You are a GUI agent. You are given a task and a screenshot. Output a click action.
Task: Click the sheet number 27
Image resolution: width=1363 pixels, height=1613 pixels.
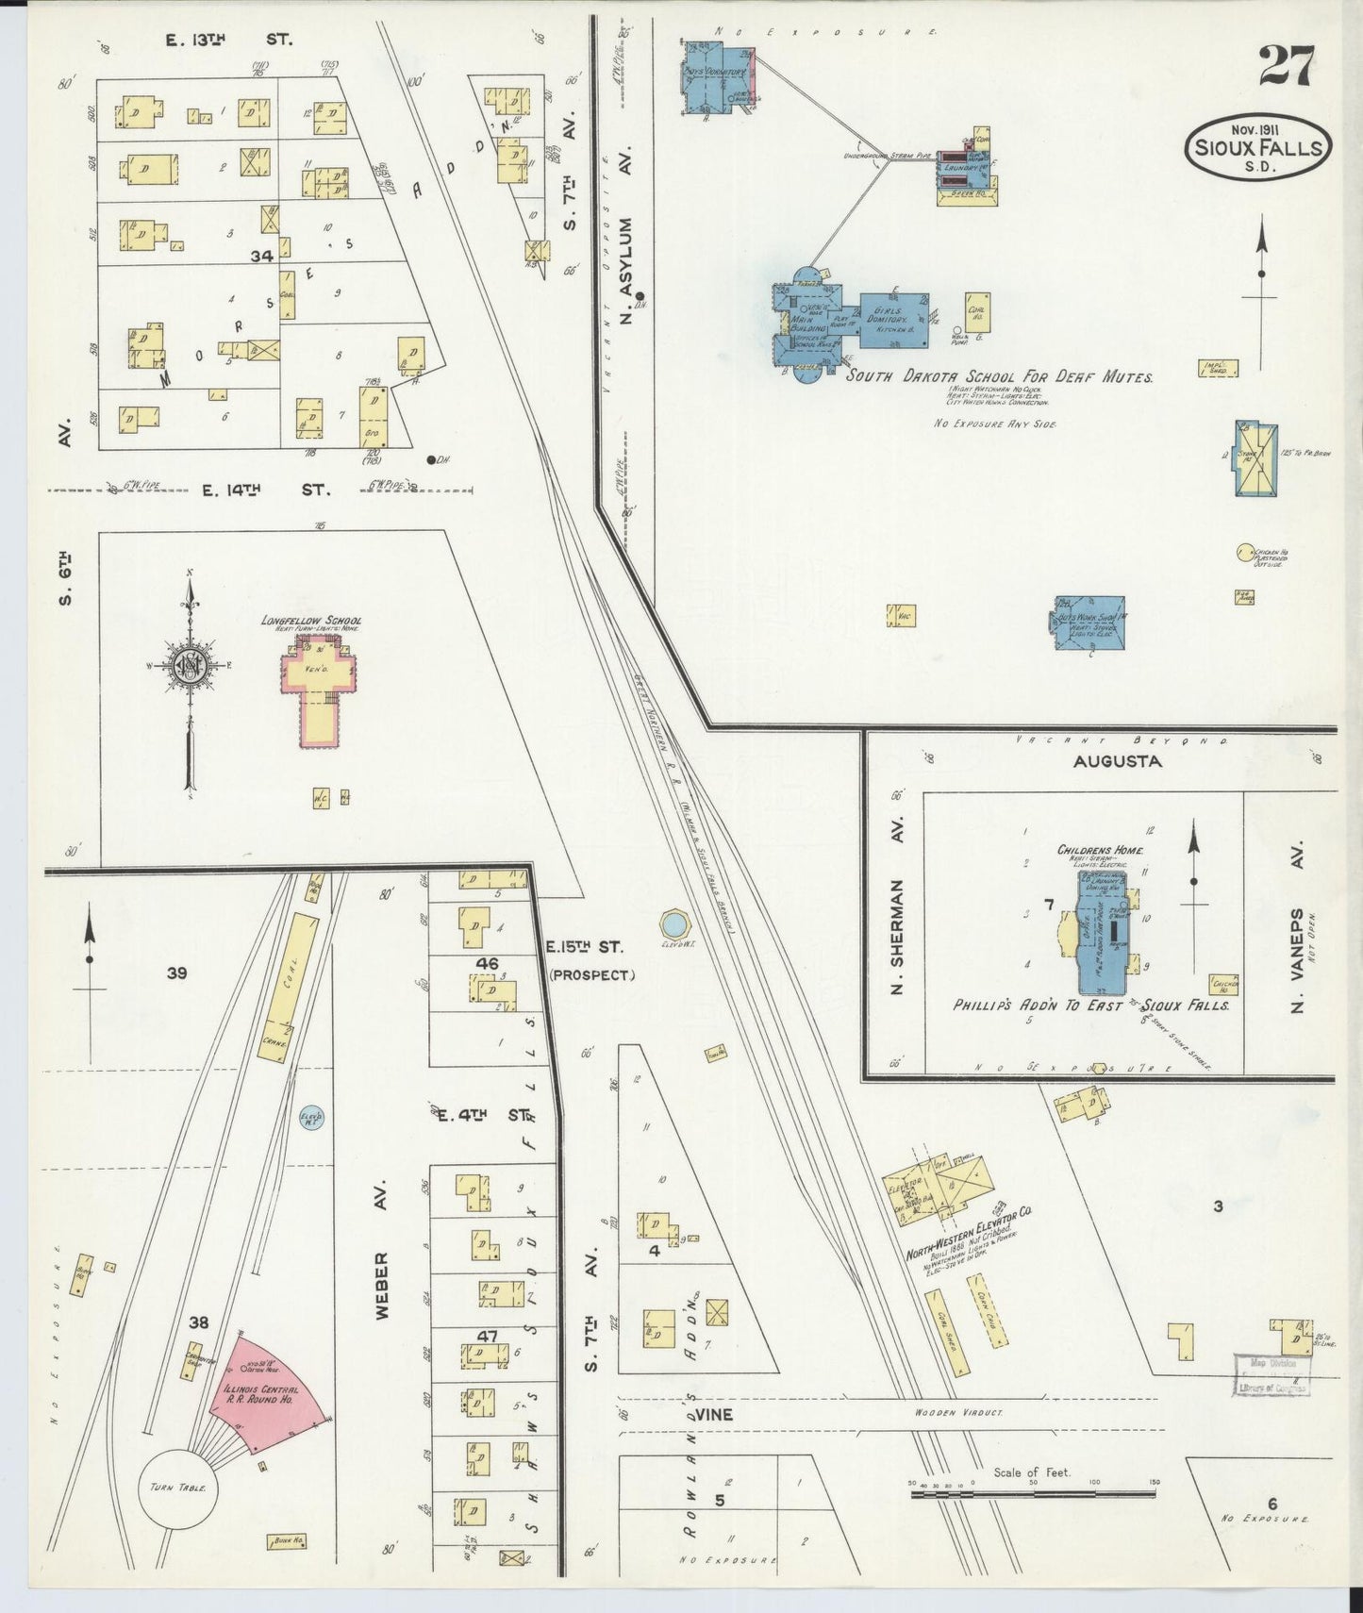(x=1286, y=67)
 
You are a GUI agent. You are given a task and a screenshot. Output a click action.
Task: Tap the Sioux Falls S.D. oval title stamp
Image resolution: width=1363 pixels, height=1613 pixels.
(x=1258, y=148)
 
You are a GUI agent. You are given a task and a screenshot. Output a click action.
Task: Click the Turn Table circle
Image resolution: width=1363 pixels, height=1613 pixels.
(x=178, y=1488)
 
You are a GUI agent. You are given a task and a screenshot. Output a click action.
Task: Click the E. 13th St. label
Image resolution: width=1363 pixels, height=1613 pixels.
(x=229, y=40)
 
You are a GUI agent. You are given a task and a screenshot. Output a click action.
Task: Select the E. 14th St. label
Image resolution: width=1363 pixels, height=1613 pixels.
(x=264, y=490)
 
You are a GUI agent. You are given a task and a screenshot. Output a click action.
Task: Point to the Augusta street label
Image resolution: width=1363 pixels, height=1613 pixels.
(x=1117, y=760)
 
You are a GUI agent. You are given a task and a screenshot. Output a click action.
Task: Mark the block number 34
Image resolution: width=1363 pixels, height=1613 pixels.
(x=262, y=256)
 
